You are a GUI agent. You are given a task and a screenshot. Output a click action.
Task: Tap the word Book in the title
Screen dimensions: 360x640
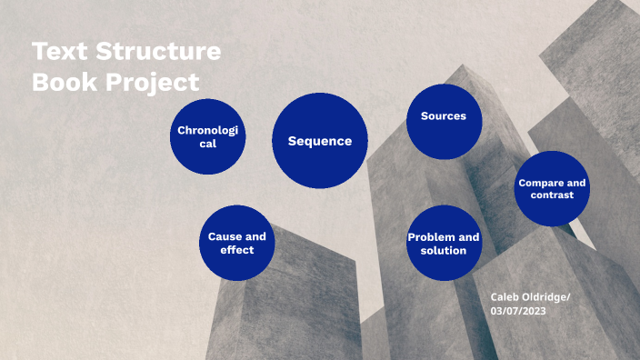coord(64,82)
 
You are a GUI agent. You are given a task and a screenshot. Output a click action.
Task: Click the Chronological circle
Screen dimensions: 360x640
coord(208,137)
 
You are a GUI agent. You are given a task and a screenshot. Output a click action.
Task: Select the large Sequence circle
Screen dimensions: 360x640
coord(319,140)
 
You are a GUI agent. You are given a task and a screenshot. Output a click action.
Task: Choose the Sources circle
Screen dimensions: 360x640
coord(444,121)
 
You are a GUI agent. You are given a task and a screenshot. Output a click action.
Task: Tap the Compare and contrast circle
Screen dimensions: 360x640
coord(552,188)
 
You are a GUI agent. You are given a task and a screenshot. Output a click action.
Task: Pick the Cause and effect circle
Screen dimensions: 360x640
coord(237,243)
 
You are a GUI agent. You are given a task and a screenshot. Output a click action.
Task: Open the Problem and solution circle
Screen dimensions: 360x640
coord(444,243)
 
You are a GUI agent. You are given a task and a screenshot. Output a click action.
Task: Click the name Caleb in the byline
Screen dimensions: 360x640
coord(505,297)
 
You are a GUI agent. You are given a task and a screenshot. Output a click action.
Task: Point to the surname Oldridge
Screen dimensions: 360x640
coord(547,297)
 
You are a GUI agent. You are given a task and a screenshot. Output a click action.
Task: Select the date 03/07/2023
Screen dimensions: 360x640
coord(517,311)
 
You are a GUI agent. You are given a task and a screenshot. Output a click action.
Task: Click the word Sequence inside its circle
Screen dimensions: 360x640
coord(319,141)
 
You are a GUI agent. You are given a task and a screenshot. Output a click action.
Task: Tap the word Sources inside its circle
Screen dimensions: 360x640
coord(444,116)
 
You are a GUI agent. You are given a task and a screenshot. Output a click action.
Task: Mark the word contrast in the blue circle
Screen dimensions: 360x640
coord(552,195)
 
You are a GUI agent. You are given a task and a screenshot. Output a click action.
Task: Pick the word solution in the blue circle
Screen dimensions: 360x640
coord(444,250)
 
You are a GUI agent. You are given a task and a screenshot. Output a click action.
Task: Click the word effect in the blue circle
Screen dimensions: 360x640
coord(237,249)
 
